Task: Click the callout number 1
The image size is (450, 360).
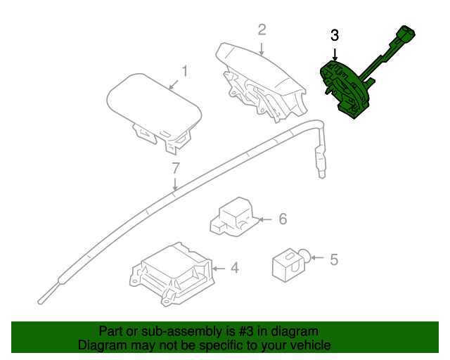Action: coord(185,72)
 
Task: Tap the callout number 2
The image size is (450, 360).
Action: coord(262,30)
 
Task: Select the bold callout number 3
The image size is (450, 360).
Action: coord(335,35)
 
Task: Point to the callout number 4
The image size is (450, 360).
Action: coord(235,268)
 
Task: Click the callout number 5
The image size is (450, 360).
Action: coord(334,259)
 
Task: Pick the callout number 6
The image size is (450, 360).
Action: coord(283,219)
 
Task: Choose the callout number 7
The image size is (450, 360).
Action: coord(176,168)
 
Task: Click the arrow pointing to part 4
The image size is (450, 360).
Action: coord(219,268)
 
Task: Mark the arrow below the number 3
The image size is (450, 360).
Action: coord(335,53)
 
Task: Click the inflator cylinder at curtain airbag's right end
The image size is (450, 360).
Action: coord(321,158)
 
